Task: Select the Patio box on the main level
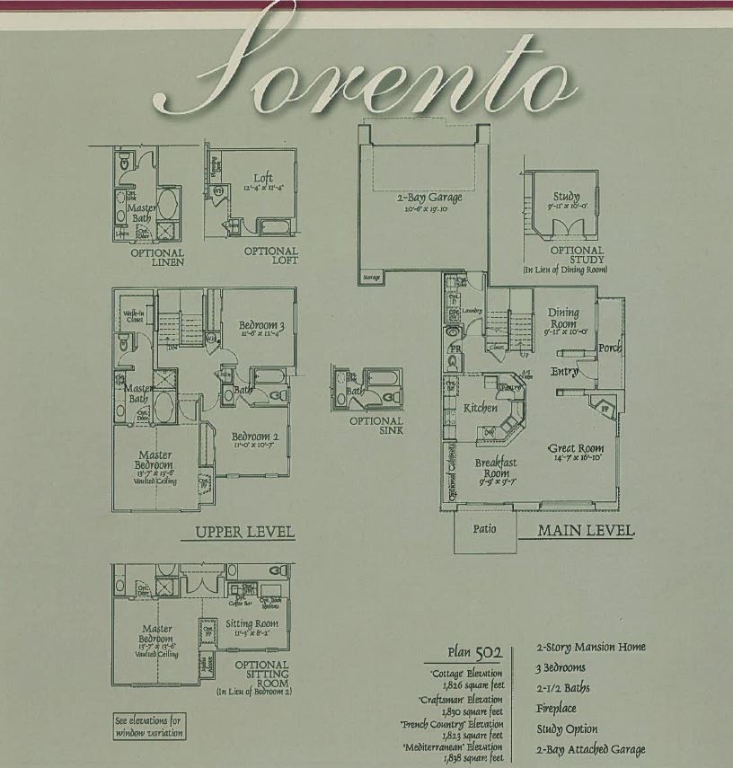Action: (x=483, y=528)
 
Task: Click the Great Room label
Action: (x=576, y=448)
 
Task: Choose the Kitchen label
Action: (x=480, y=408)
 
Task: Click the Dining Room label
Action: (x=563, y=318)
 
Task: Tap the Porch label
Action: (x=610, y=348)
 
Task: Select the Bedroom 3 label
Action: (x=261, y=325)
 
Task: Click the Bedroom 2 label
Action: (x=255, y=437)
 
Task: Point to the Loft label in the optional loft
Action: (x=262, y=178)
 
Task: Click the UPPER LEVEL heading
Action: (x=245, y=533)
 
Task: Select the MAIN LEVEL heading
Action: (x=586, y=531)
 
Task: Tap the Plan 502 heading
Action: (x=474, y=652)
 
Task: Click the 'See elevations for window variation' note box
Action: (x=149, y=726)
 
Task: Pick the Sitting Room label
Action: (x=252, y=623)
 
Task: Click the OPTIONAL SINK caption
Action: (x=375, y=425)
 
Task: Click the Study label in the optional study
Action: (x=566, y=196)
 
